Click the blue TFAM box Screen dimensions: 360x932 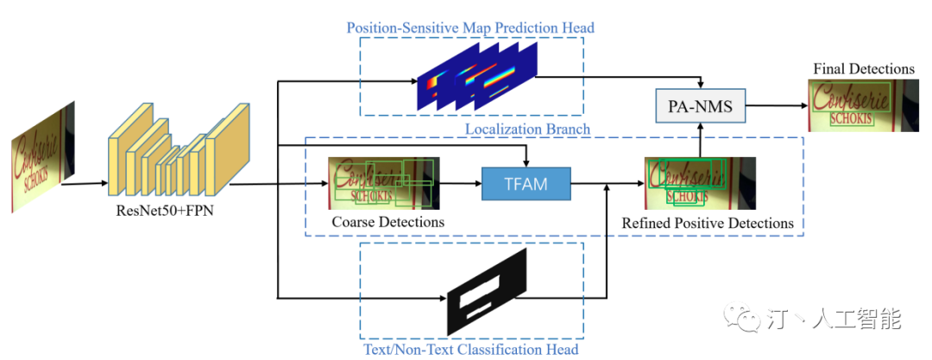pyautogui.click(x=526, y=184)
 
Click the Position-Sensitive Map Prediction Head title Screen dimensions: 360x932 pyautogui.click(x=470, y=28)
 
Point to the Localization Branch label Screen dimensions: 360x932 pyautogui.click(x=527, y=129)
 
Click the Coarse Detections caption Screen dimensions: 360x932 pyautogui.click(x=387, y=222)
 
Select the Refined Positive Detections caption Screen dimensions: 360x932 pyautogui.click(x=708, y=223)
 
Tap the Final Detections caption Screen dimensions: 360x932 pyautogui.click(x=863, y=68)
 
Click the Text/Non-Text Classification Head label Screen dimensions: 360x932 pyautogui.click(x=469, y=349)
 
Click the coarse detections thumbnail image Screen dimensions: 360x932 pyautogui.click(x=383, y=183)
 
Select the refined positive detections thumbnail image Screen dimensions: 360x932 pyautogui.click(x=700, y=183)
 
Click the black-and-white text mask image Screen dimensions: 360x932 pyautogui.click(x=484, y=297)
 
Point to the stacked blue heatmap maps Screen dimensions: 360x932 pyautogui.click(x=476, y=77)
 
